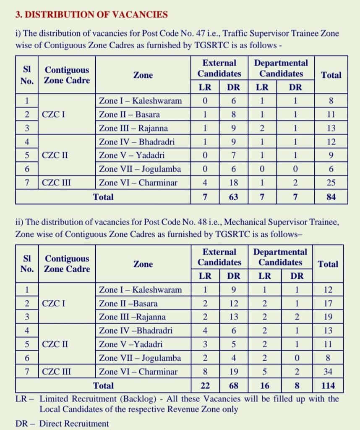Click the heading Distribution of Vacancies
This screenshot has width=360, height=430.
91,15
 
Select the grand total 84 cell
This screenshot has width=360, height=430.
331,197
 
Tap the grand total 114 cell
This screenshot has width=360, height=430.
328,385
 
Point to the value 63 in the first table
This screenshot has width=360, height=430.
233,197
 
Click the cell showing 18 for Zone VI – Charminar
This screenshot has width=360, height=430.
233,183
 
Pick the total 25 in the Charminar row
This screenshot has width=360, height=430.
331,183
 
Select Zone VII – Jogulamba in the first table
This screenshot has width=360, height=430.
140,169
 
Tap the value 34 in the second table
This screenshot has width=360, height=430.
328,371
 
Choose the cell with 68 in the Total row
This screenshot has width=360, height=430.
233,385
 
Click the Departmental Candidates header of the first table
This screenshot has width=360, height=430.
281,68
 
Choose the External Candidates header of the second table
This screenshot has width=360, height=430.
219,257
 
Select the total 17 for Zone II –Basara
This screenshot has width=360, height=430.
328,303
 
